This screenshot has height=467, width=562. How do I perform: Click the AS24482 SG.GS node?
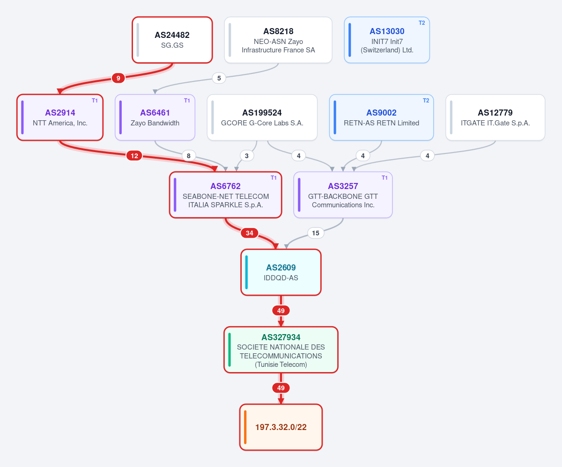[x=172, y=40]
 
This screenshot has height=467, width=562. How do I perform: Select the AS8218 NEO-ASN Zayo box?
[x=278, y=40]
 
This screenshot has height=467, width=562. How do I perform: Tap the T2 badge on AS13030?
[x=421, y=23]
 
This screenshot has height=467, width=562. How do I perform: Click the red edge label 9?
[x=118, y=78]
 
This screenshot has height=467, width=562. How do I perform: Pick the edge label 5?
[x=219, y=78]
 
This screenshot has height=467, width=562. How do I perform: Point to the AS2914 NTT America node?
[x=60, y=117]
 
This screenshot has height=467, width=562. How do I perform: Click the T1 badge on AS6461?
[x=187, y=101]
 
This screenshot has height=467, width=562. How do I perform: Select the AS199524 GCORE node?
[x=262, y=117]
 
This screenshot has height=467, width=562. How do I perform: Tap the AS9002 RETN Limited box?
[x=381, y=117]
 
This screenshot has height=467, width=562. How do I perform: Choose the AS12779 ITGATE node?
[x=495, y=117]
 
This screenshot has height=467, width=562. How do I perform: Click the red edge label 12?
[x=134, y=156]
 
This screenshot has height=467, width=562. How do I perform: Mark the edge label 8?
[x=189, y=156]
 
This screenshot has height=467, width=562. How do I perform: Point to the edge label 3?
[x=246, y=156]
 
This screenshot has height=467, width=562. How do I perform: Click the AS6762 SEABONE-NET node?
[x=226, y=195]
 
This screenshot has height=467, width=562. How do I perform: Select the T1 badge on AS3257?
[x=385, y=178]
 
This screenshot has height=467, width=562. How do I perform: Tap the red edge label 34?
[x=250, y=233]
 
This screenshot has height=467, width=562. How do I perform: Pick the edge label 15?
[x=316, y=233]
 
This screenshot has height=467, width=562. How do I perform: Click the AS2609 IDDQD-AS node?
[x=281, y=272]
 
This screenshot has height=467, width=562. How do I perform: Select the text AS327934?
[x=281, y=337]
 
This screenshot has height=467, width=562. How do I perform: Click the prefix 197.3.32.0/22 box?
[x=281, y=427]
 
